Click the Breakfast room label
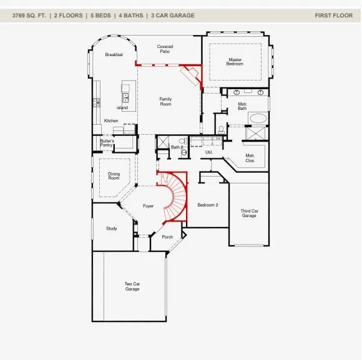tap(114, 55)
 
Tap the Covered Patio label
tap(165, 49)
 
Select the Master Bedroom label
tap(235, 62)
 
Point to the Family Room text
tap(165, 102)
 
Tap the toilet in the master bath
tap(221, 130)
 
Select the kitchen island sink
tap(125, 97)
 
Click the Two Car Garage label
tap(132, 286)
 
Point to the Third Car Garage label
tap(249, 213)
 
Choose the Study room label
tap(112, 228)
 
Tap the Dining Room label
tap(114, 176)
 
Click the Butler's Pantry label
tap(107, 143)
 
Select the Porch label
tap(167, 237)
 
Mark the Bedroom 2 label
tap(208, 205)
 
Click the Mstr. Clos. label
tap(250, 158)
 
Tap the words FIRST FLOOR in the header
tap(334, 16)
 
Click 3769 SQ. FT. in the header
tap(29, 16)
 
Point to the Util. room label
tap(209, 152)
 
